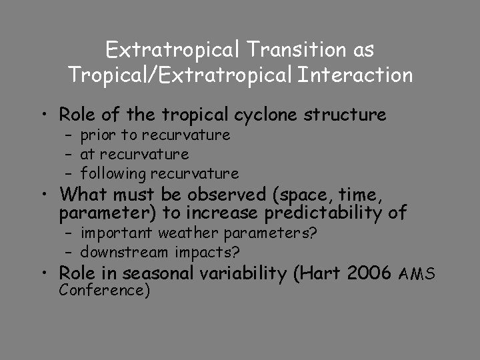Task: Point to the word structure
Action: tap(345, 115)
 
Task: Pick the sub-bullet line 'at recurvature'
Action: tap(135, 155)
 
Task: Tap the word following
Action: tap(113, 174)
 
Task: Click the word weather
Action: tap(191, 233)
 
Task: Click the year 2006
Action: tap(371, 273)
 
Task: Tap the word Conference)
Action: tap(104, 291)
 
